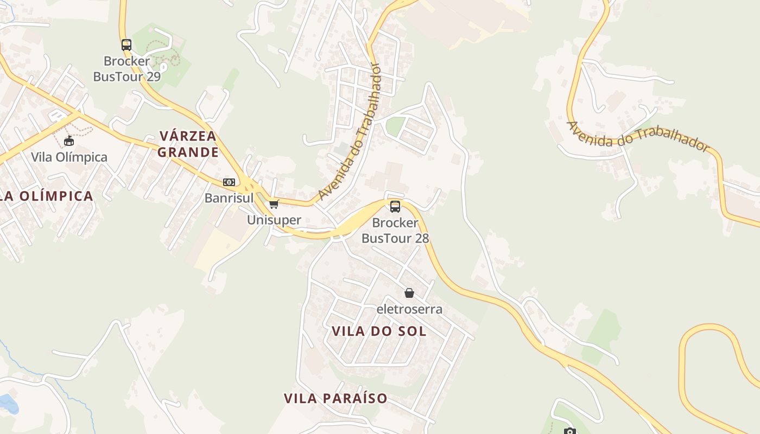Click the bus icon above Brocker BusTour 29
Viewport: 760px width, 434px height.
[x=126, y=44]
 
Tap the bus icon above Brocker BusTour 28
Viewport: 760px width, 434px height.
[x=395, y=206]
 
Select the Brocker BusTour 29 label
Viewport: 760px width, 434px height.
[x=127, y=69]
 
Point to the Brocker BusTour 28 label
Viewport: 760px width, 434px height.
[x=395, y=231]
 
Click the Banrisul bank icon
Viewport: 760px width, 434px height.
[x=229, y=182]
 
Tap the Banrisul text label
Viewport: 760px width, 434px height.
[x=229, y=198]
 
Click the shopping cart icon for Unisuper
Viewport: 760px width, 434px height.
[x=274, y=205]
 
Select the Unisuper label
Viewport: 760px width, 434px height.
[x=274, y=220]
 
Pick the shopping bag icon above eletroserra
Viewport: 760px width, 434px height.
[x=409, y=293]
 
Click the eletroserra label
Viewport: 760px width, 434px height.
[x=409, y=309]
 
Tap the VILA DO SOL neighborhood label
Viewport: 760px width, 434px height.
[x=379, y=331]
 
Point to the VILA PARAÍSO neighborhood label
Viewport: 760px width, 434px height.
[x=335, y=399]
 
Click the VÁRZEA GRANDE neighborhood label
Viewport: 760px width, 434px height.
[x=188, y=144]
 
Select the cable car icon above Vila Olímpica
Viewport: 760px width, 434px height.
[x=69, y=142]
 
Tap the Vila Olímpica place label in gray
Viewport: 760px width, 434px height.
[x=69, y=157]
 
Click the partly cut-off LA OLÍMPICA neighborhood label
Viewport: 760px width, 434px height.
[x=47, y=196]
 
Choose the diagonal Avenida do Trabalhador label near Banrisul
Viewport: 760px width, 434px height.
[x=350, y=132]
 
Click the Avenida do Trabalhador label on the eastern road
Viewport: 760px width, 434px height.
[x=638, y=136]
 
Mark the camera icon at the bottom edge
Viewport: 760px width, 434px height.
[x=569, y=431]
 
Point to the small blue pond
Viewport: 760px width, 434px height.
[x=8, y=403]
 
